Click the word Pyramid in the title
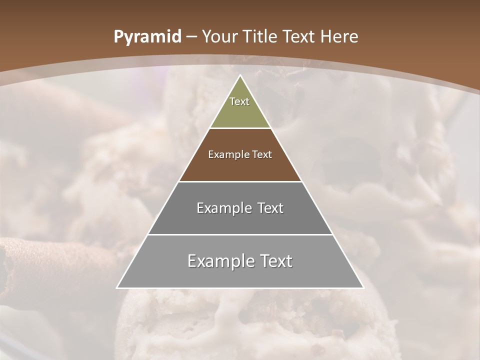147,37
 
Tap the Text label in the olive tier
239,101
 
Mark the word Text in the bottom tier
275,261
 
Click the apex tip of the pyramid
240,76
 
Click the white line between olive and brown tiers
240,128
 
